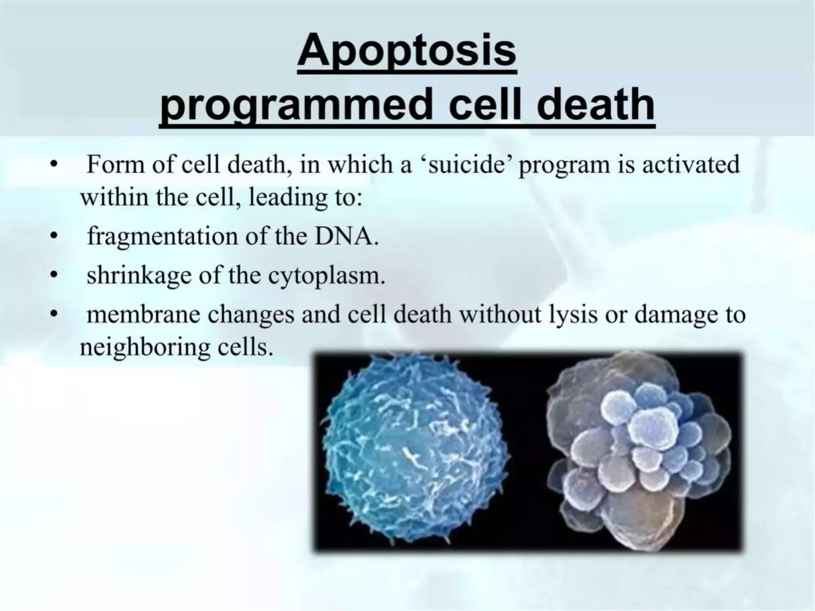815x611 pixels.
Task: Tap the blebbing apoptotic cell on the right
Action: coord(637,451)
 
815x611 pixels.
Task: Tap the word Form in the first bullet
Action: coord(115,165)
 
